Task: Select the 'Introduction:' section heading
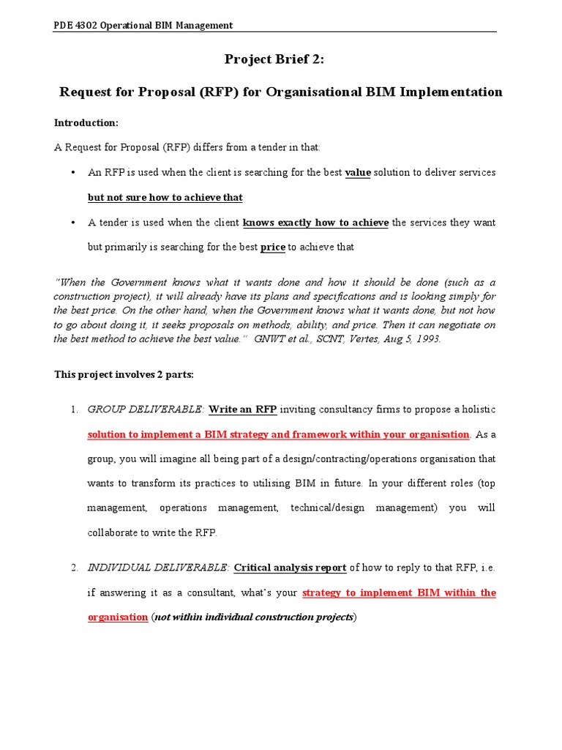pyautogui.click(x=86, y=122)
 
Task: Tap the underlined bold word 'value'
pyautogui.click(x=358, y=172)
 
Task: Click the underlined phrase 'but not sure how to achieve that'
pyautogui.click(x=165, y=197)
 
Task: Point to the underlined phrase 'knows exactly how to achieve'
pyautogui.click(x=315, y=222)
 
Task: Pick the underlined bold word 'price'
pyautogui.click(x=272, y=247)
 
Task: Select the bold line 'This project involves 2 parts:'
pyautogui.click(x=124, y=374)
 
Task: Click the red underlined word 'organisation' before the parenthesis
pyautogui.click(x=117, y=617)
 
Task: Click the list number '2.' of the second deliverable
pyautogui.click(x=75, y=568)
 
